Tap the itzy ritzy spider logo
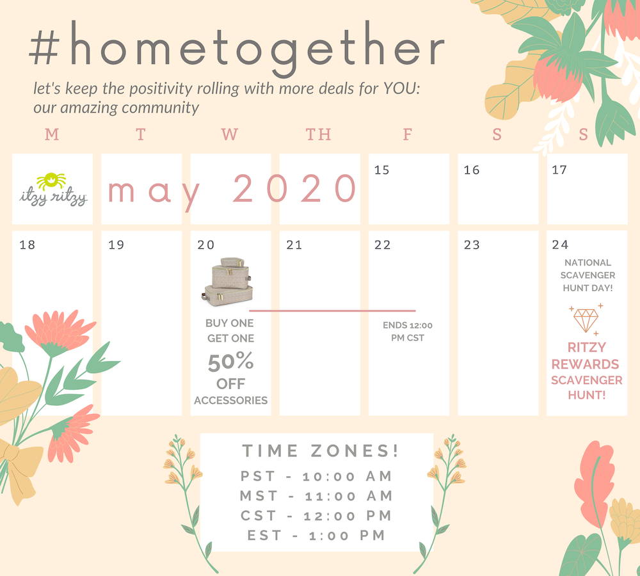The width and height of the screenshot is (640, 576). click(x=53, y=189)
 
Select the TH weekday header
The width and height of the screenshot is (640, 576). click(x=318, y=134)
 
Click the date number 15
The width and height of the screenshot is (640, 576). click(x=381, y=170)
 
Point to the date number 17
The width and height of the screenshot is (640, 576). click(x=559, y=170)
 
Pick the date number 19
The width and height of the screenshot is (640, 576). click(x=116, y=245)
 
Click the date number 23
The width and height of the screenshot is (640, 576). click(x=472, y=245)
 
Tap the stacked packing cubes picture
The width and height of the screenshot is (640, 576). click(x=227, y=282)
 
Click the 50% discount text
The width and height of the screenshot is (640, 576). click(x=230, y=362)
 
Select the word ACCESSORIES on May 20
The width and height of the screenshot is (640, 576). click(x=230, y=401)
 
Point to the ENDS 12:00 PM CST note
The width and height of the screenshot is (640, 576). click(x=407, y=332)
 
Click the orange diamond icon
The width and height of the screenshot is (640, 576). click(x=586, y=319)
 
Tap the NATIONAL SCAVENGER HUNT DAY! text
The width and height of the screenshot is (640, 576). click(x=588, y=275)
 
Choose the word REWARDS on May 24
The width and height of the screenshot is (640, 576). click(x=586, y=364)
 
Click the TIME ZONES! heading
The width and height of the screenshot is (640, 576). click(x=321, y=451)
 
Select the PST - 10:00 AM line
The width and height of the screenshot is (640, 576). click(x=316, y=476)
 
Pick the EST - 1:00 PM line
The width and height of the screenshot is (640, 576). click(x=316, y=535)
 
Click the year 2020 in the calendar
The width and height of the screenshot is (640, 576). click(x=294, y=188)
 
